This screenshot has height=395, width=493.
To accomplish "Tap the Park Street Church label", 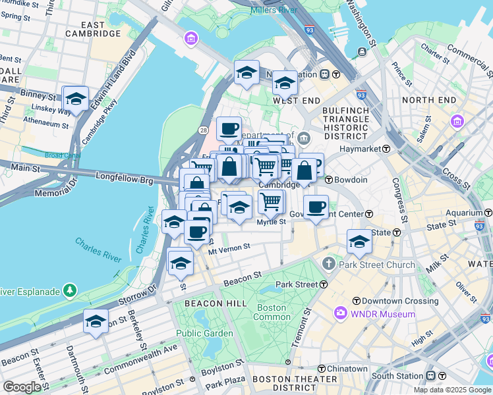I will point(377,265).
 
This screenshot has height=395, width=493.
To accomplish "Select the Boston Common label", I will point(272,313).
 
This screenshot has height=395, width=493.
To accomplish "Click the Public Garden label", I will point(204,333).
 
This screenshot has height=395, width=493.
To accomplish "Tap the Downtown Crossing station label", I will point(389,300).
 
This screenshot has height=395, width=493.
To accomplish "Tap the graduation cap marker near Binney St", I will point(76,99).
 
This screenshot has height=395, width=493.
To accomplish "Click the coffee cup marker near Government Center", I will point(316,207).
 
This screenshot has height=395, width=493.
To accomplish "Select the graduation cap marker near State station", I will point(359,242).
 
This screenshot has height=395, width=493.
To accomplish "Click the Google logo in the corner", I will point(22,387).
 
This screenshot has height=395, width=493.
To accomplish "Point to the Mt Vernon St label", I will point(229,248).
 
